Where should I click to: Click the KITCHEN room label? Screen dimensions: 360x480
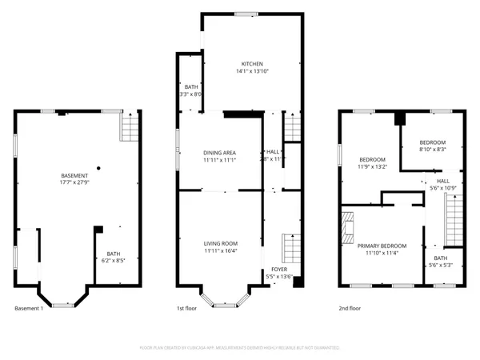(253, 64)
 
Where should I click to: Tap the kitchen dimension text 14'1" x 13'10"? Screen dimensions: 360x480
(253, 72)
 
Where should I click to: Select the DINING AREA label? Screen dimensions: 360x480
(218, 152)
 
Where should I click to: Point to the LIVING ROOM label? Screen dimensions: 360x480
(218, 243)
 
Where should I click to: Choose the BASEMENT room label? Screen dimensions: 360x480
(75, 175)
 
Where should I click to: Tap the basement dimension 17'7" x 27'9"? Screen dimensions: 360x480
(75, 183)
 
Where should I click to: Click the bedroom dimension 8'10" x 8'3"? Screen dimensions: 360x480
(432, 148)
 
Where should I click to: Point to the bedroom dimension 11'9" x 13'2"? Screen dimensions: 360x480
(372, 166)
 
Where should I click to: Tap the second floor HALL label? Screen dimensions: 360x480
(442, 181)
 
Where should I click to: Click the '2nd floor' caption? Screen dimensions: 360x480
(349, 308)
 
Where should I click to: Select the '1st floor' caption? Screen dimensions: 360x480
(186, 308)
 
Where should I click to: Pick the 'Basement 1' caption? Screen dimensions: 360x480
(29, 308)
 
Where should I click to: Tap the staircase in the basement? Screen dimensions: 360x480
(128, 126)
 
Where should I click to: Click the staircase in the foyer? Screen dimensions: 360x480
(289, 247)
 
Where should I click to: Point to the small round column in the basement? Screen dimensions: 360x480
(97, 168)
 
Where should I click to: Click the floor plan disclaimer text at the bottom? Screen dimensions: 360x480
(240, 349)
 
